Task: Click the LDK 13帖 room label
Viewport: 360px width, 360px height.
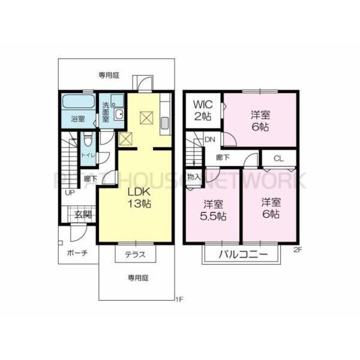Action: click(x=138, y=197)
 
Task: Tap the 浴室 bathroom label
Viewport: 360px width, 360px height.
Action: click(x=77, y=118)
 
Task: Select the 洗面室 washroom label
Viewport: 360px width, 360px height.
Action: click(x=106, y=112)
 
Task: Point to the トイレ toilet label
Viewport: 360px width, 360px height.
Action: click(x=86, y=155)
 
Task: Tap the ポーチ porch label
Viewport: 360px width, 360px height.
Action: click(x=77, y=253)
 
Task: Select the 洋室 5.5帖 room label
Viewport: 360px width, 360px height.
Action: click(x=213, y=209)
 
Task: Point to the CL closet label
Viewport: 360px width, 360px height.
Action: click(x=279, y=159)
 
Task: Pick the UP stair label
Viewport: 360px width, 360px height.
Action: click(x=70, y=193)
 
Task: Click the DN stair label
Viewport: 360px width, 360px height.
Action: click(x=210, y=140)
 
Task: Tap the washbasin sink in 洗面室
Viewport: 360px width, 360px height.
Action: click(x=119, y=115)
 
